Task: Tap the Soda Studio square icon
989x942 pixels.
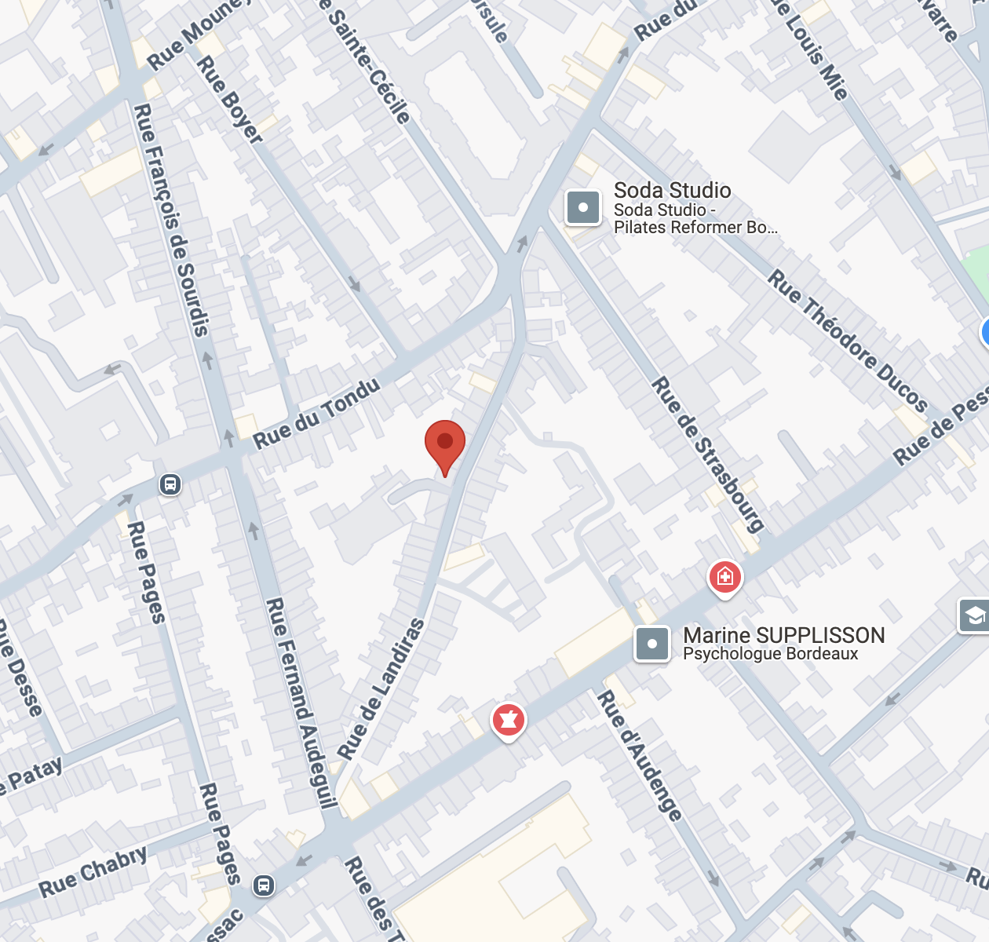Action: (x=583, y=208)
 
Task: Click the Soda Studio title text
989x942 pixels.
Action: (x=672, y=191)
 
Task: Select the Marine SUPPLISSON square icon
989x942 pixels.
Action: (x=652, y=644)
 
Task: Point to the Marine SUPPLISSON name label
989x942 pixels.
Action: (x=783, y=635)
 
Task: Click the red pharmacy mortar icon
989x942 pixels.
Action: (x=508, y=719)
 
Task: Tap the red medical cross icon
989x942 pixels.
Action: (x=724, y=578)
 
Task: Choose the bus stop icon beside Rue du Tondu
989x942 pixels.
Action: (x=170, y=484)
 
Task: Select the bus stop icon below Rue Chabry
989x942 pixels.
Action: (x=264, y=886)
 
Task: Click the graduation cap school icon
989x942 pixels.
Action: (x=974, y=616)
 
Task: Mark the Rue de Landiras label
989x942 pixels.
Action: (x=381, y=688)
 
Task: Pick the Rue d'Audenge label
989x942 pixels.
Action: (x=640, y=755)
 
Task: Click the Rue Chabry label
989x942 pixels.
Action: (x=93, y=871)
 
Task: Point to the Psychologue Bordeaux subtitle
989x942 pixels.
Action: (x=770, y=654)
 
